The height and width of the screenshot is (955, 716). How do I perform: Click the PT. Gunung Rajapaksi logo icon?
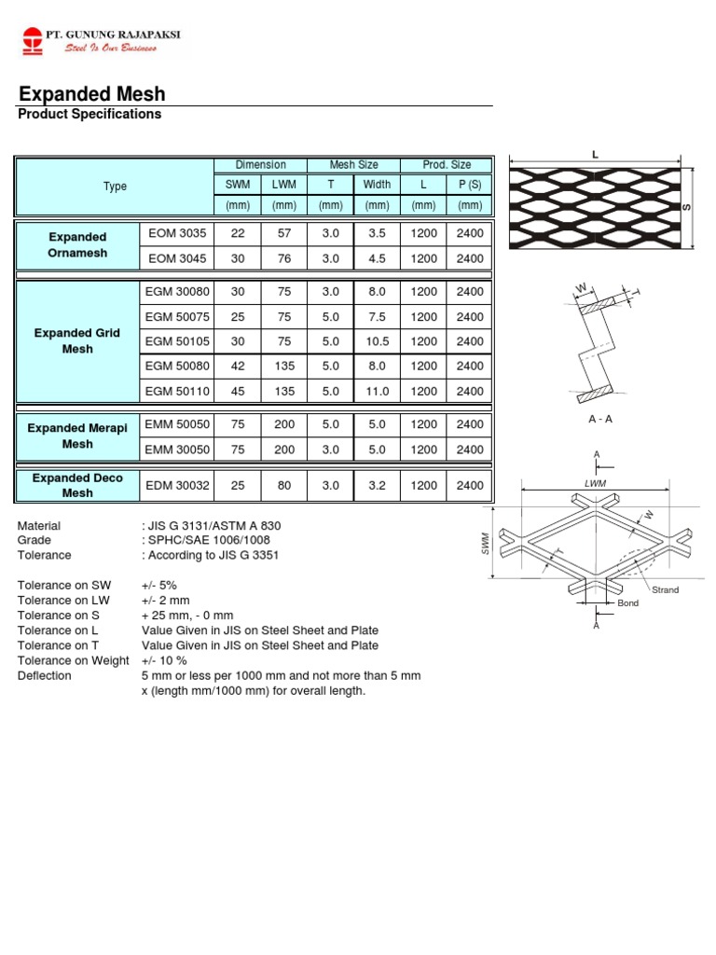click(x=33, y=39)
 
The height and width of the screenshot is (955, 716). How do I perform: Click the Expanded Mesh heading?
click(x=92, y=93)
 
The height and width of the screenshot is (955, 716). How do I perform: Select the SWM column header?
click(x=238, y=185)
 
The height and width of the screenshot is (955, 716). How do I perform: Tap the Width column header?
click(x=377, y=185)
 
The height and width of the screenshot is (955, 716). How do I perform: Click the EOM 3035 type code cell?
click(x=176, y=233)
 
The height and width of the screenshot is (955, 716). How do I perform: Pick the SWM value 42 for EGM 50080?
click(x=238, y=367)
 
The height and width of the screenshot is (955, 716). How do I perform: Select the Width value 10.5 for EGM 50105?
click(x=377, y=341)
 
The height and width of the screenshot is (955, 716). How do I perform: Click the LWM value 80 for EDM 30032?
click(x=284, y=485)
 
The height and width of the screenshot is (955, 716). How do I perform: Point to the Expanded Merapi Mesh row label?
click(x=77, y=436)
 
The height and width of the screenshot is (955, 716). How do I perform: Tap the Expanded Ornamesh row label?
click(x=77, y=245)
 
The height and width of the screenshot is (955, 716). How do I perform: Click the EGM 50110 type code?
click(x=176, y=392)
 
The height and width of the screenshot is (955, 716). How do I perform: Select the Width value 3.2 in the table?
click(x=377, y=485)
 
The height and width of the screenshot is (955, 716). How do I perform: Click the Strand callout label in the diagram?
click(x=665, y=590)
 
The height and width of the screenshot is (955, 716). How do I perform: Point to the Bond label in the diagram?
click(x=629, y=603)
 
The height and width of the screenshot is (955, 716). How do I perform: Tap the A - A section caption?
click(x=600, y=419)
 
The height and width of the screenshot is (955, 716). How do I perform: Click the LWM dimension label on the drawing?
click(x=595, y=483)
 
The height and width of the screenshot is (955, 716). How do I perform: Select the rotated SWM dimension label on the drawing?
click(x=486, y=544)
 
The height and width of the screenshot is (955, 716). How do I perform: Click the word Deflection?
click(x=45, y=675)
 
